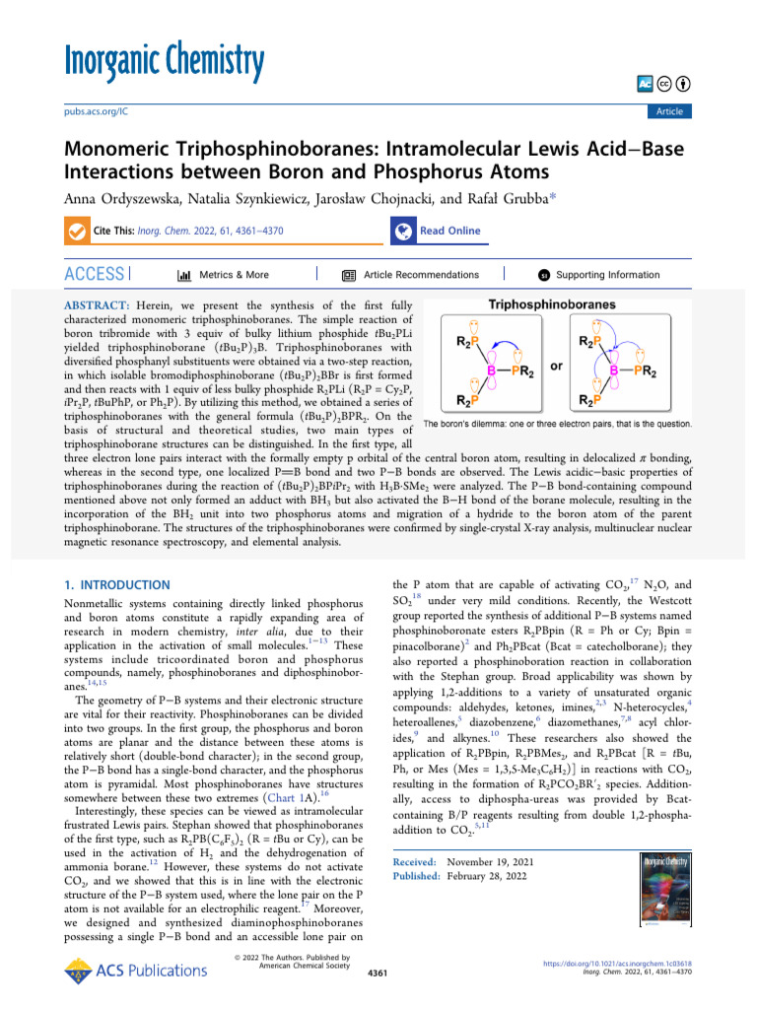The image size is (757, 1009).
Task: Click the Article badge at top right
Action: point(669,112)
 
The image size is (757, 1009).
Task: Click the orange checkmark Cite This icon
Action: point(77,232)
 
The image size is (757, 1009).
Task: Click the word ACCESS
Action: point(95,275)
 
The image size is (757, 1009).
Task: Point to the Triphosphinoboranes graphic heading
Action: point(566,305)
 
